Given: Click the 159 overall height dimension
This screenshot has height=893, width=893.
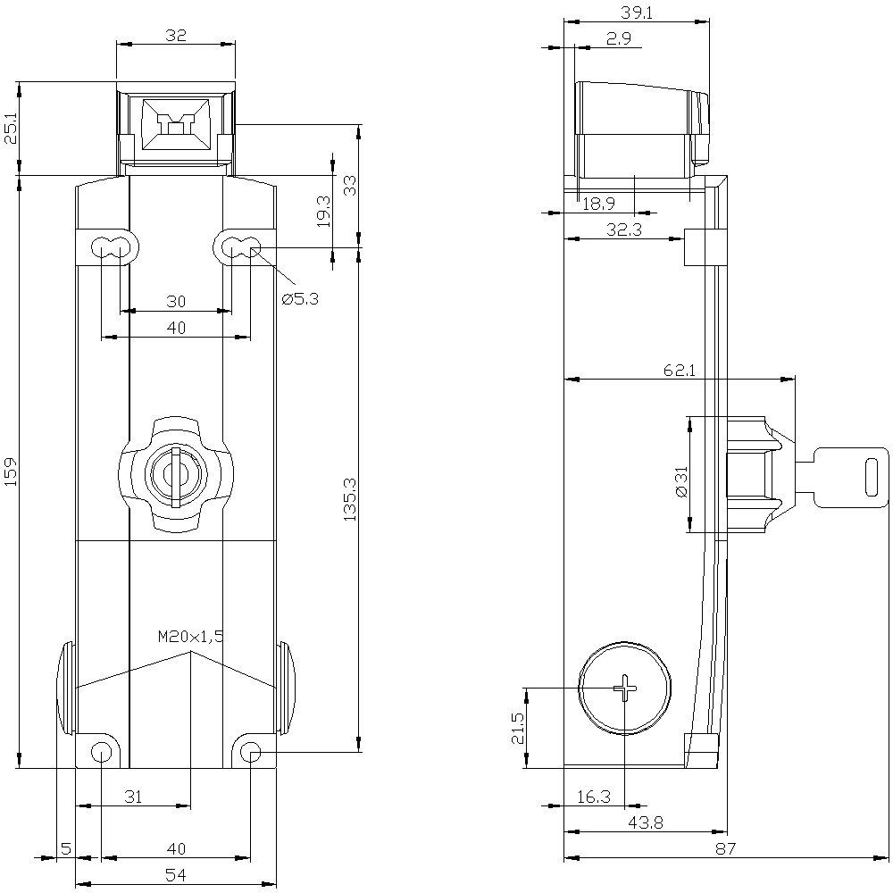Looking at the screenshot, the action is point(12,472).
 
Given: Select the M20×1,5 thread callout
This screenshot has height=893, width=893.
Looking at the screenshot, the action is point(191,637).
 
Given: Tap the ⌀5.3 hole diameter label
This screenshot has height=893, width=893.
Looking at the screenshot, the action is point(300,298).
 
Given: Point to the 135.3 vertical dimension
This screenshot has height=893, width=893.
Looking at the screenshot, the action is point(350,499).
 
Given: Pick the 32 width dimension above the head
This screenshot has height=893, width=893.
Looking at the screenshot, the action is point(176,36).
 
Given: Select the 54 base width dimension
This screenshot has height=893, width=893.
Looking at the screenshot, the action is point(176,874).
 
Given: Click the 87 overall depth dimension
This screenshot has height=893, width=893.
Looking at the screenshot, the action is point(725,848).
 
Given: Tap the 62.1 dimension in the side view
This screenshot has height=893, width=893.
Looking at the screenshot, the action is point(680,371).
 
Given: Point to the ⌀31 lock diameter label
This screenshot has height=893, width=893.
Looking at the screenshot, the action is point(681,481).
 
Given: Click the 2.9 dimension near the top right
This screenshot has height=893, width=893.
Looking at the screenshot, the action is point(619,38).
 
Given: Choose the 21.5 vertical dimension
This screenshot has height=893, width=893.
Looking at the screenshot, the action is point(518,728).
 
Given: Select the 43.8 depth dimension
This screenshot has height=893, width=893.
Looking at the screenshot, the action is point(646,822).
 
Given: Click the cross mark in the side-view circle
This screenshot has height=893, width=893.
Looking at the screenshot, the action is point(625,688).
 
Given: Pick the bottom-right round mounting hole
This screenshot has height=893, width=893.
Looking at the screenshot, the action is point(251,753).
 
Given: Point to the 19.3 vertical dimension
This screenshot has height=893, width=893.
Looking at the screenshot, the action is point(323,212).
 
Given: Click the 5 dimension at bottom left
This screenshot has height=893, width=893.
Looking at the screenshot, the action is point(66,848).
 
